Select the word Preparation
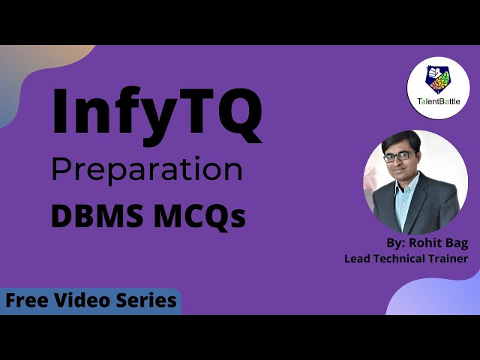click(x=146, y=169)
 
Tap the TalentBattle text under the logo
click(x=439, y=101)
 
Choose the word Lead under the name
click(x=357, y=259)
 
